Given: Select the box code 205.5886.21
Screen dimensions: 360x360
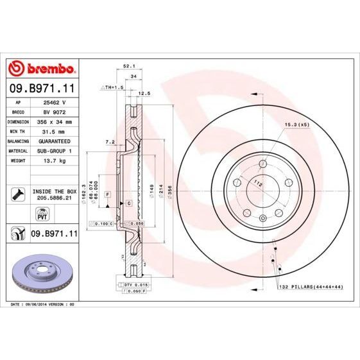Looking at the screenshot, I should [55, 199].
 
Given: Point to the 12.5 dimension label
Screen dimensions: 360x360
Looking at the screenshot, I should [144, 93].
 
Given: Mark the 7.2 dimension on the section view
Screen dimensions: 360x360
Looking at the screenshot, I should [110, 141].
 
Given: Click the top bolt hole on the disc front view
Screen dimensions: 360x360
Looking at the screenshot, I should [262, 165].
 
